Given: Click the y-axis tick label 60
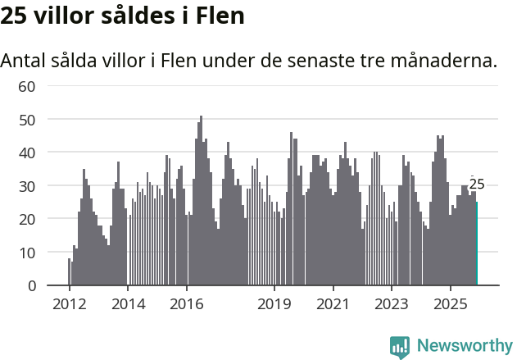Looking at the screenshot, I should pyautogui.click(x=26, y=86).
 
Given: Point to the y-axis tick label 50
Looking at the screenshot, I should pyautogui.click(x=26, y=120).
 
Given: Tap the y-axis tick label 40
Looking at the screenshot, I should pyautogui.click(x=26, y=153).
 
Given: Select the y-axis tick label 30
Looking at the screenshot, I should pyautogui.click(x=26, y=186).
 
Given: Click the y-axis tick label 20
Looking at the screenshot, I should pyautogui.click(x=26, y=219).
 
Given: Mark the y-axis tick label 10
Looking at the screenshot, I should pyautogui.click(x=26, y=253).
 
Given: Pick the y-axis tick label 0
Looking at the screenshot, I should pyautogui.click(x=31, y=285).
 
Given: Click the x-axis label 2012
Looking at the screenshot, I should pyautogui.click(x=69, y=304).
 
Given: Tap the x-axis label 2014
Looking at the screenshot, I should pyautogui.click(x=127, y=304).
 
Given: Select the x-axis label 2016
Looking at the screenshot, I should pyautogui.click(x=186, y=304).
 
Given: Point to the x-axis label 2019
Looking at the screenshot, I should pyautogui.click(x=274, y=304).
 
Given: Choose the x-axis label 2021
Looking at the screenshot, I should pyautogui.click(x=333, y=304).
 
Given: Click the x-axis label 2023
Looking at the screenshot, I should pyautogui.click(x=391, y=304).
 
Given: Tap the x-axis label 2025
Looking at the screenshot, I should pyautogui.click(x=450, y=304).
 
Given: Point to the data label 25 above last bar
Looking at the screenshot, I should pyautogui.click(x=477, y=185).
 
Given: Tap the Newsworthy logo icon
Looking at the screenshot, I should pyautogui.click(x=400, y=346).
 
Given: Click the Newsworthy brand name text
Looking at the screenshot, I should pyautogui.click(x=464, y=346).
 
